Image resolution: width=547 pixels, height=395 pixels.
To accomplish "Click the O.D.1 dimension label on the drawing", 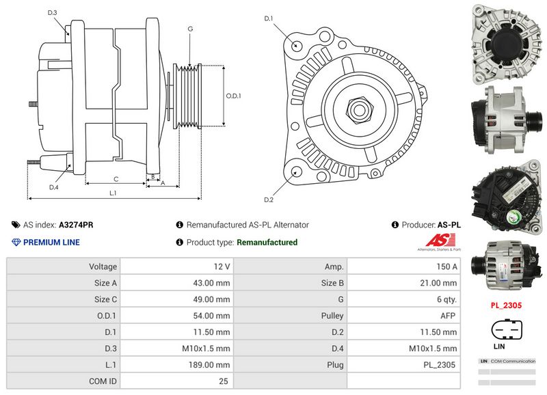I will [x=234, y=96].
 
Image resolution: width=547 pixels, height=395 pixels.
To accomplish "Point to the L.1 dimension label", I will [x=114, y=193].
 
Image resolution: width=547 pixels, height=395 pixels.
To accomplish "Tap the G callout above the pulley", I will [x=190, y=29].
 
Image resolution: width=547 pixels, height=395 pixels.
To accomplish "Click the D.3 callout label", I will [x=53, y=13].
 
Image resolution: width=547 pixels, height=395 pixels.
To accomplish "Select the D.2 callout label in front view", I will [x=269, y=200].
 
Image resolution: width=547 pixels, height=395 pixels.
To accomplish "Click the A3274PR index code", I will [x=76, y=224].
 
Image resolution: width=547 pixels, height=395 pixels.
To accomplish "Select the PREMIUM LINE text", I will [x=51, y=242].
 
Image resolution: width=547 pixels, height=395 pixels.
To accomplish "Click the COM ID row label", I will [x=103, y=381].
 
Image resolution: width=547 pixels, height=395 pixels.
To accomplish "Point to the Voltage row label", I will [x=103, y=266].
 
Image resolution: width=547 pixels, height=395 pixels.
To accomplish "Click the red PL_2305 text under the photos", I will [x=506, y=305].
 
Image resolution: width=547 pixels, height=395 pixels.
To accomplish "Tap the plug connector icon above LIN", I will [x=506, y=331].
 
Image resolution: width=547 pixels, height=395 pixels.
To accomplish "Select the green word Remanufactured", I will [x=267, y=242].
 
